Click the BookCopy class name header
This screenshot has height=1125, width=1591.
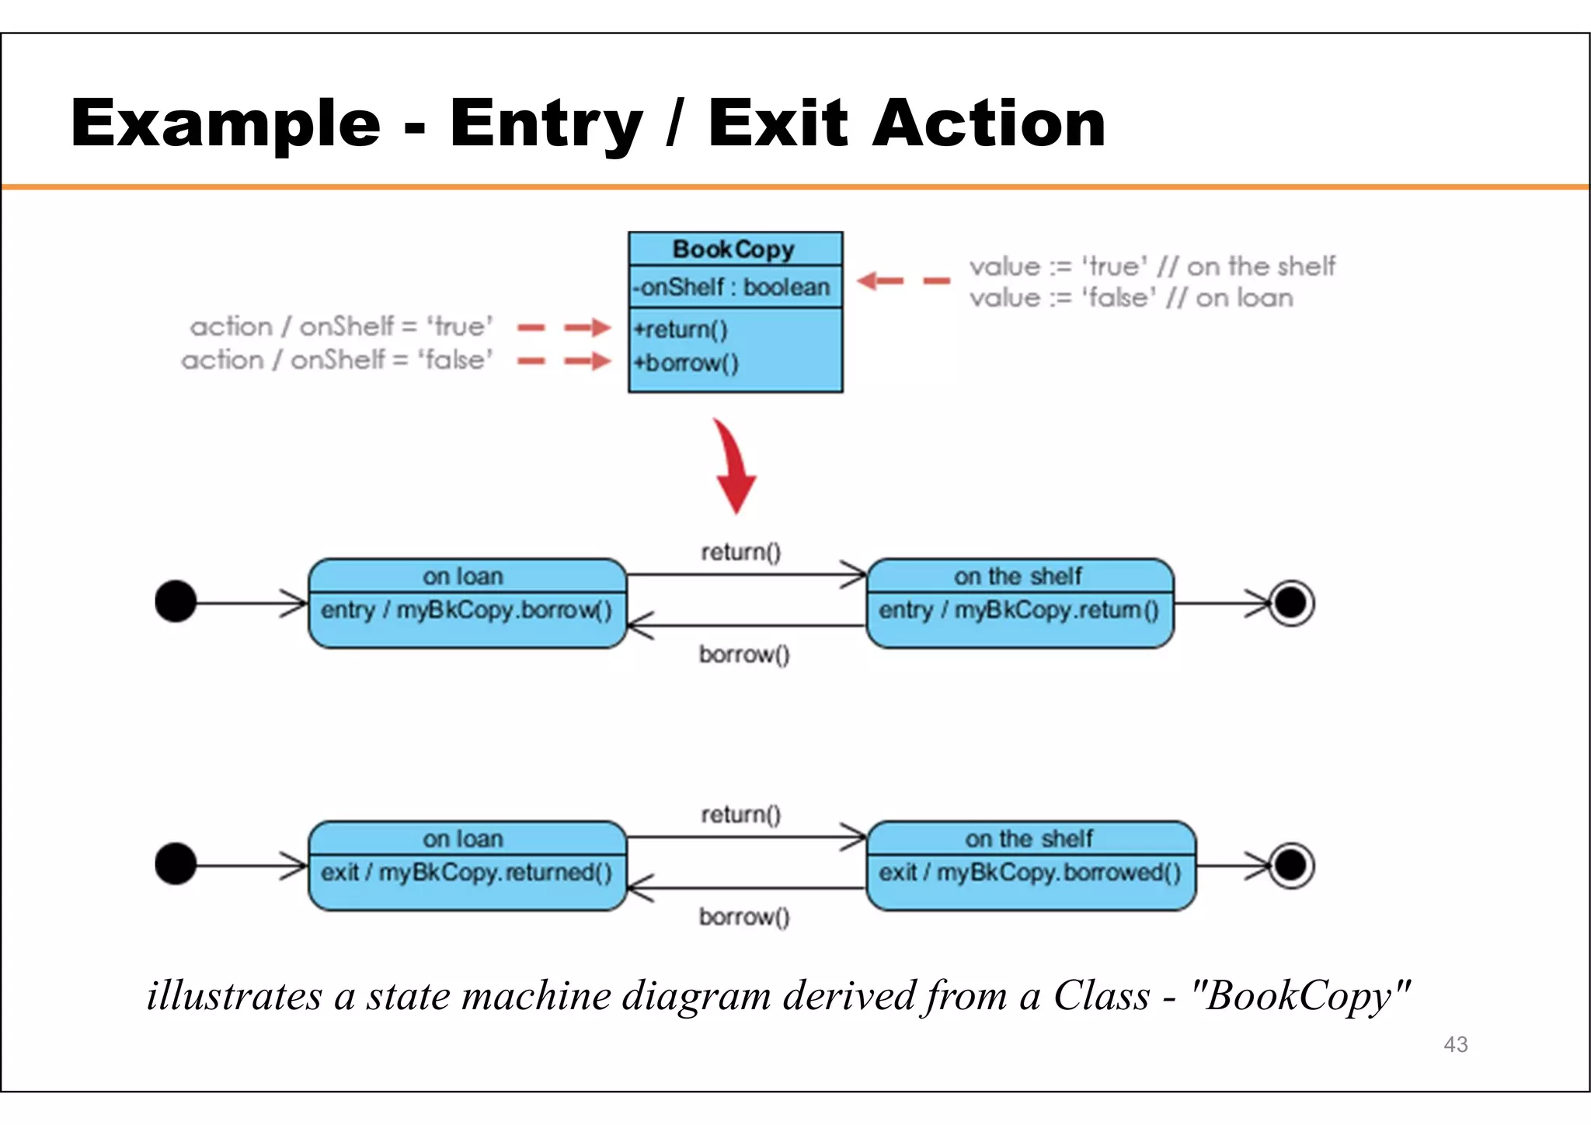(734, 249)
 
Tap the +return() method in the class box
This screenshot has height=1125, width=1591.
(681, 330)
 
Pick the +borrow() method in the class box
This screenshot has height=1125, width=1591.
(686, 363)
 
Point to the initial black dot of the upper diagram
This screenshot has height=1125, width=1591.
(176, 601)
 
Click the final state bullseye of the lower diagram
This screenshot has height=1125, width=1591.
(1291, 865)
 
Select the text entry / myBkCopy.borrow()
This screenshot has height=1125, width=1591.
(466, 611)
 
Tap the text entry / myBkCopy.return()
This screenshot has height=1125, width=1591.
(1018, 611)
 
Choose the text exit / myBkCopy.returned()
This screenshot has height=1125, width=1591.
(466, 873)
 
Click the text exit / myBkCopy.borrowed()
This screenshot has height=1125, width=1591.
(1029, 873)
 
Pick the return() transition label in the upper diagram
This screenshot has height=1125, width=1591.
(740, 552)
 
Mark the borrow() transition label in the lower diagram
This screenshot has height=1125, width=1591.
(743, 918)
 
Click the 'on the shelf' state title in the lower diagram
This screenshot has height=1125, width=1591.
(1029, 839)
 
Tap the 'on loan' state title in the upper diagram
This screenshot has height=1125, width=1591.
(463, 576)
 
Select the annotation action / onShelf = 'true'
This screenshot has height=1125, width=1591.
(342, 327)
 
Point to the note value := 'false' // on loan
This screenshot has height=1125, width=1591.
(1131, 298)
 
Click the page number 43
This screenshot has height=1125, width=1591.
(1455, 1045)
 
